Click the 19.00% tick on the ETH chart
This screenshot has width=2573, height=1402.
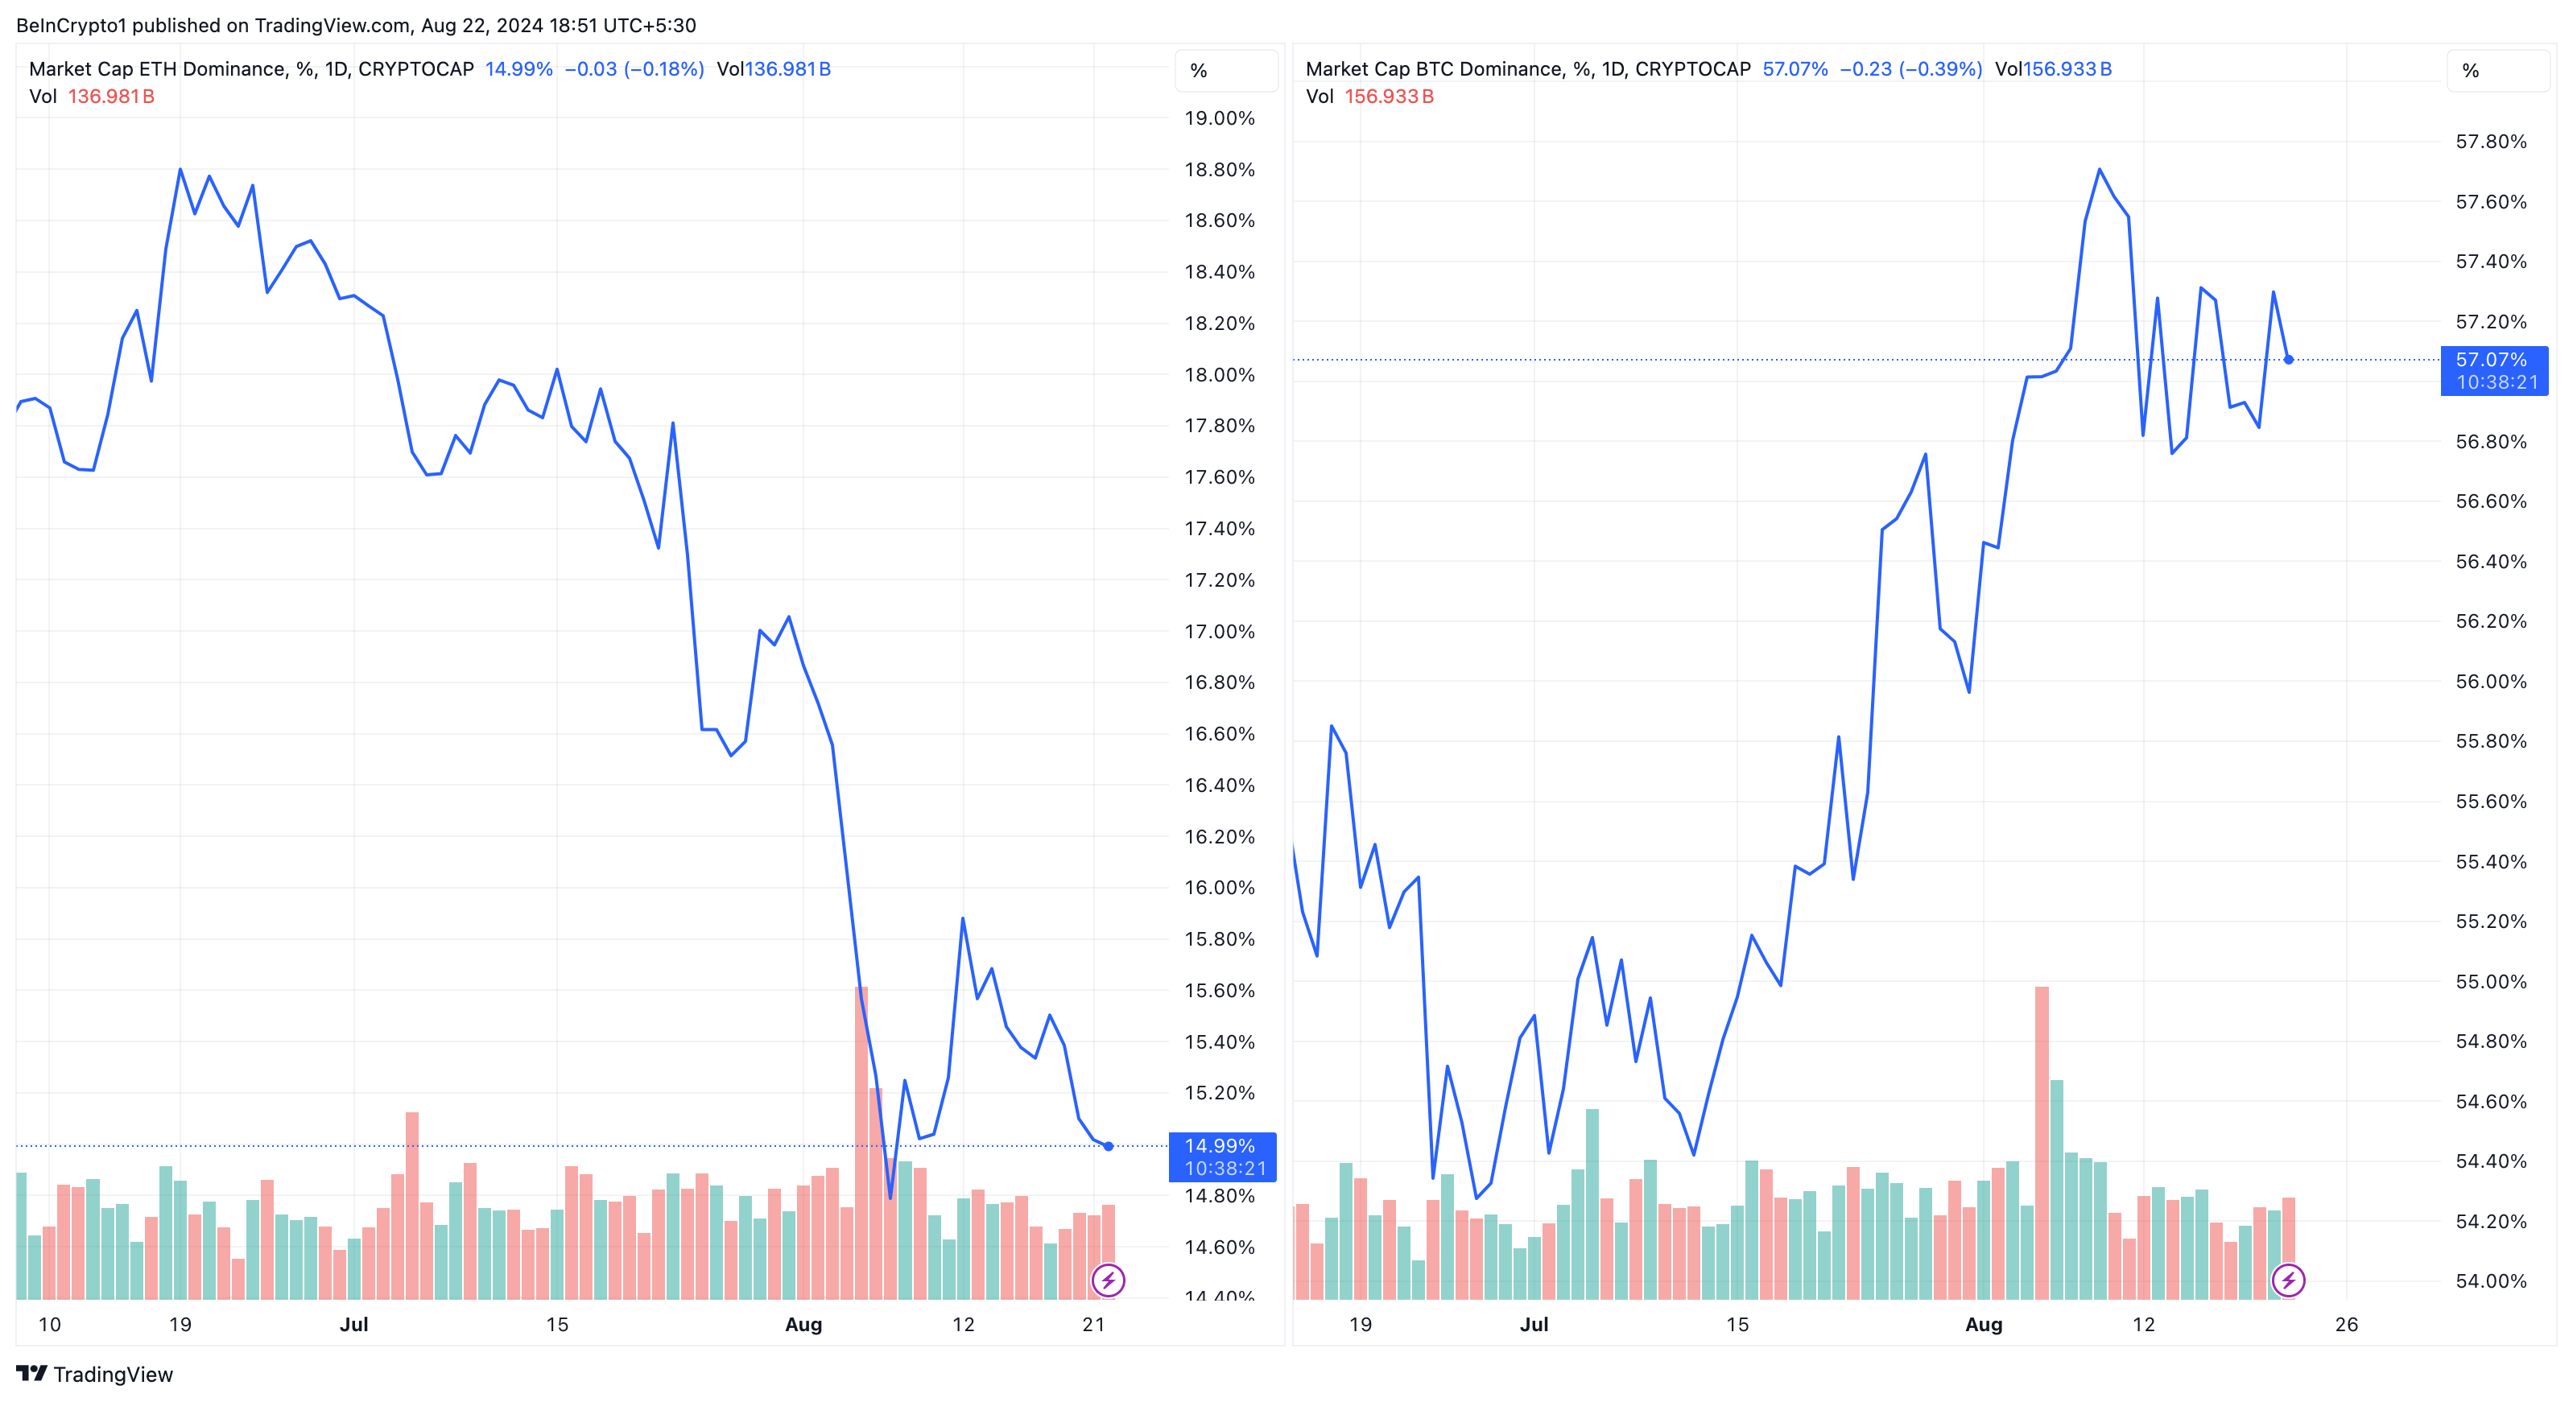[x=1219, y=118]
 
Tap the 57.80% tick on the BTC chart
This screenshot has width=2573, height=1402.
[x=2490, y=142]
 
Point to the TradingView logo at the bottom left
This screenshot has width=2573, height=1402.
[x=95, y=1374]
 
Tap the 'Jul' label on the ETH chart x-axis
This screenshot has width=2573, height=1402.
[x=353, y=1324]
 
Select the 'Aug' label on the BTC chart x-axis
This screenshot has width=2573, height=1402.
[x=1984, y=1324]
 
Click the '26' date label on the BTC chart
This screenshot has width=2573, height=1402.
[x=2346, y=1324]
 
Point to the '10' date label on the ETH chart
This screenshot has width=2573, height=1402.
[x=49, y=1324]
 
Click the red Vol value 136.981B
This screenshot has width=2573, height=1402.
[x=111, y=97]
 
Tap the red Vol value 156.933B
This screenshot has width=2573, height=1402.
[x=1389, y=97]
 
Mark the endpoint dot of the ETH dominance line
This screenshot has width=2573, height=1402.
[x=1109, y=1146]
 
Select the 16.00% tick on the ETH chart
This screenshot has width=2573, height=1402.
[x=1219, y=888]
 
